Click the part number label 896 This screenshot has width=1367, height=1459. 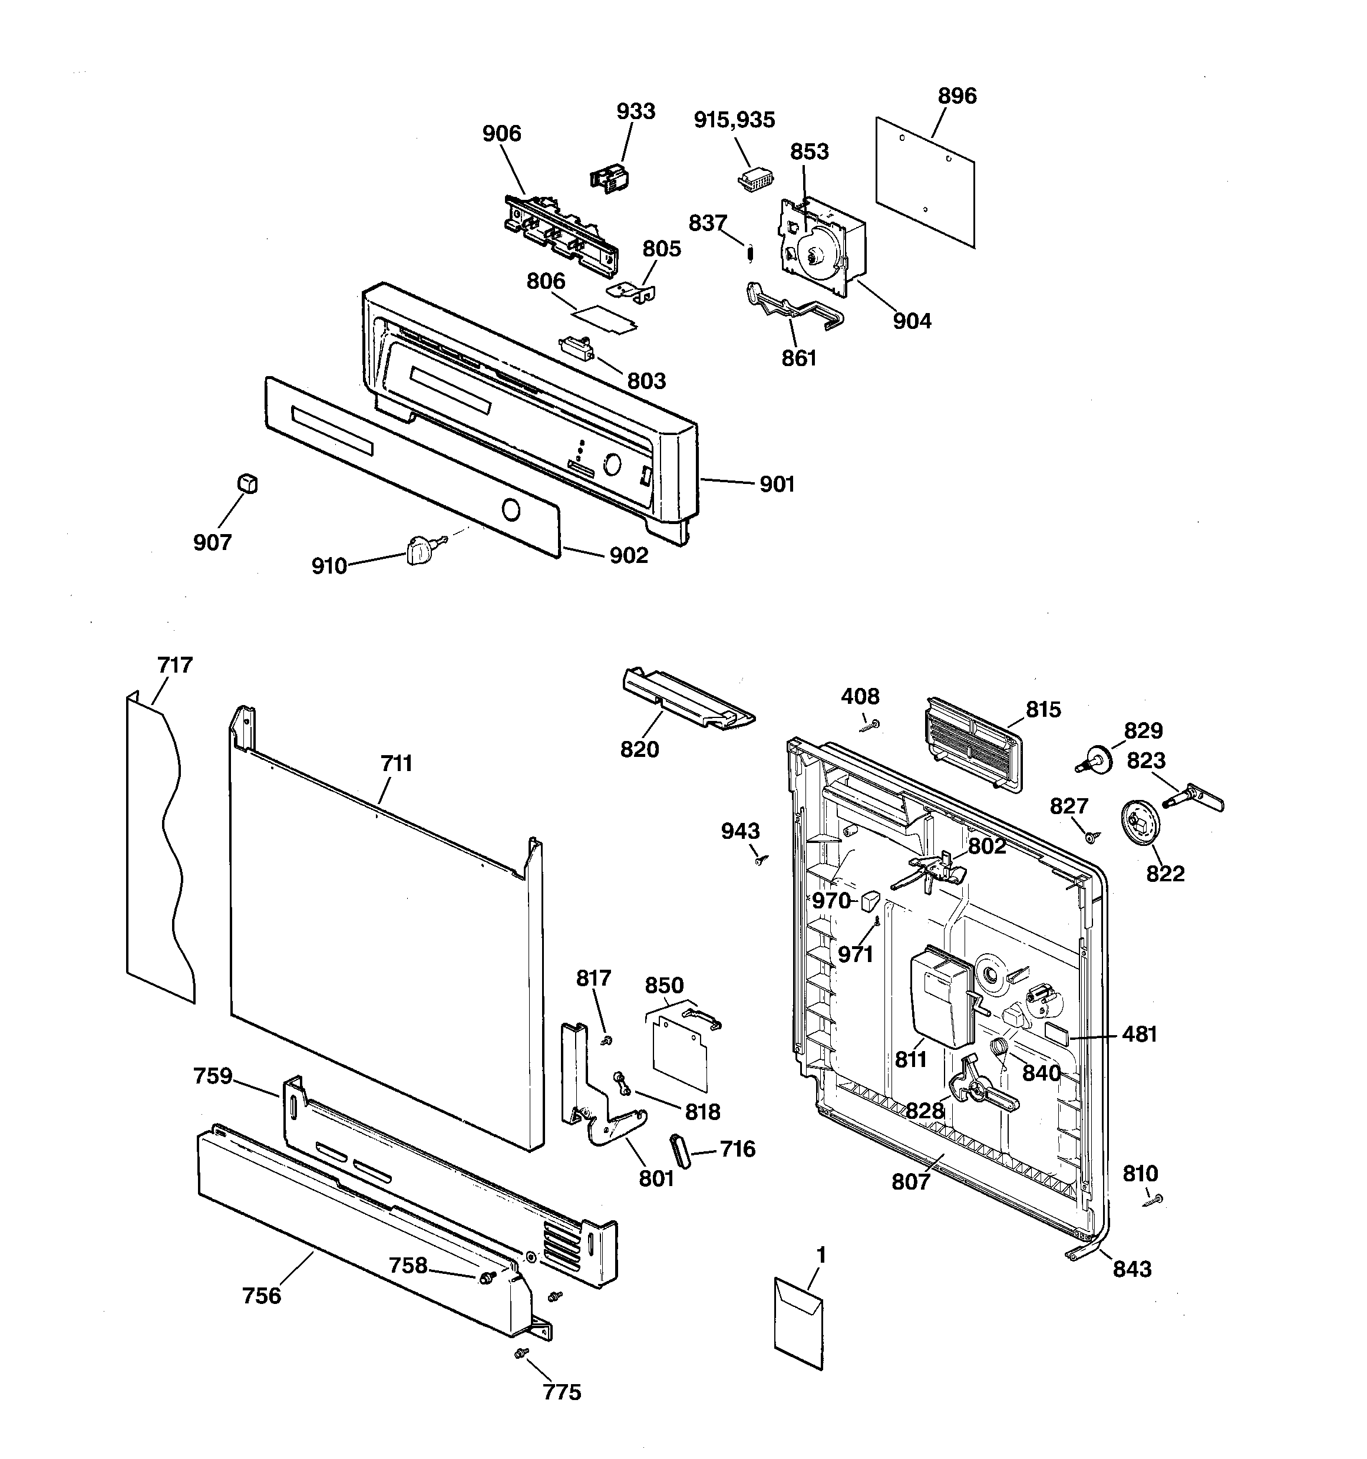click(957, 96)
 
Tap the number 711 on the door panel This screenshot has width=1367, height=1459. click(396, 763)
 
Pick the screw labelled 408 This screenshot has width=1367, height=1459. click(870, 725)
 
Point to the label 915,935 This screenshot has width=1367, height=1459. click(734, 120)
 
